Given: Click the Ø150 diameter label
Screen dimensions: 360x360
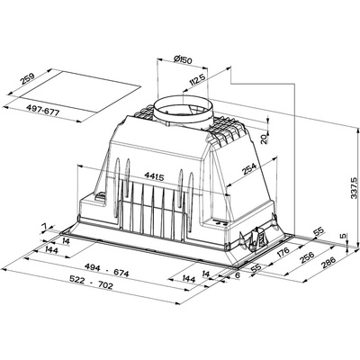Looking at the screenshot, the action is click(183, 59).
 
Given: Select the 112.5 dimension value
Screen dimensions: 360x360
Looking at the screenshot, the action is click(197, 81).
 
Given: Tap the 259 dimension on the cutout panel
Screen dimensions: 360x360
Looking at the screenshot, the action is click(28, 78).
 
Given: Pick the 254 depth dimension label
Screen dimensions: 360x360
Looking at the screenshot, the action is click(249, 169).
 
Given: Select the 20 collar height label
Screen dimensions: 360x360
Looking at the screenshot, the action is click(264, 139).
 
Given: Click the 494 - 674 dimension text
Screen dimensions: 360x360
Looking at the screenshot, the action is click(107, 270).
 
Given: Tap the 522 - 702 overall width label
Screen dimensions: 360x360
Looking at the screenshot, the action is click(91, 283).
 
